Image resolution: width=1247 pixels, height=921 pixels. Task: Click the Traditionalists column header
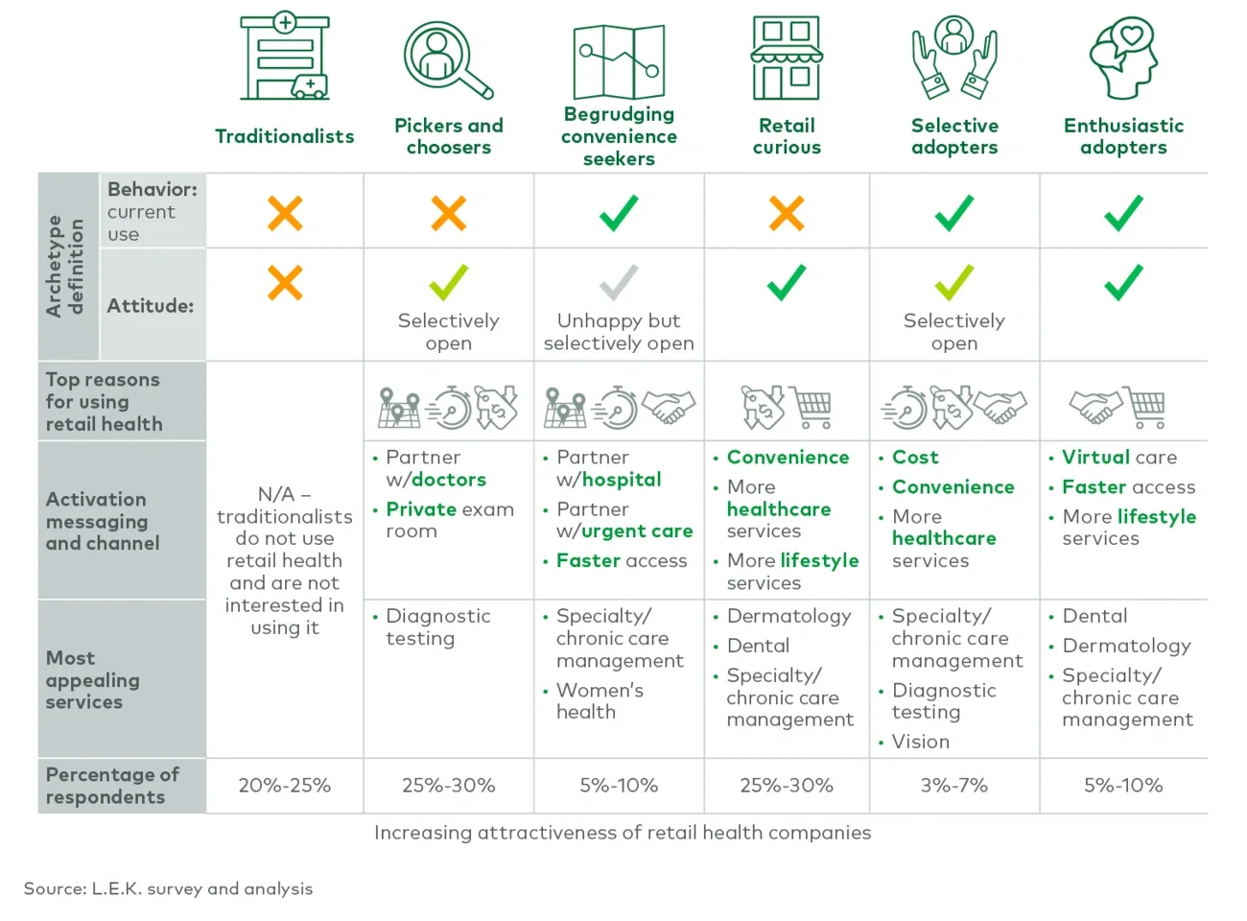284,136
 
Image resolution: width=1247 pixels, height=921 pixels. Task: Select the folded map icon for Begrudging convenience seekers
619,61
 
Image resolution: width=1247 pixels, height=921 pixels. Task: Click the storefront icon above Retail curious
787,58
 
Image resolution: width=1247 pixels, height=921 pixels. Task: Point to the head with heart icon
1123,58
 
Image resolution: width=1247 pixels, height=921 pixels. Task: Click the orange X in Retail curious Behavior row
787,213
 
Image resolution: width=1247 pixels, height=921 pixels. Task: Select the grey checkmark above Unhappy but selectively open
619,283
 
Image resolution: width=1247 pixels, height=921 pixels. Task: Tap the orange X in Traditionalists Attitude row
285,283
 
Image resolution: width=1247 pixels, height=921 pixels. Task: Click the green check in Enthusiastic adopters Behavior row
1123,213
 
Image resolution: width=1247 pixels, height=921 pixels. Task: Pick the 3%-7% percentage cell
953,786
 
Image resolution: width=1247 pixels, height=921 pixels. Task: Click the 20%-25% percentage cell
284,786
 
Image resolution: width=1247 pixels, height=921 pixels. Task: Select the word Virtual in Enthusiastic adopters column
1095,458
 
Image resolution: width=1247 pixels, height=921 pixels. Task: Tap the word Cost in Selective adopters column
915,458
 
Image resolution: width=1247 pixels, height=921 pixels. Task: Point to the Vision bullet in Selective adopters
920,742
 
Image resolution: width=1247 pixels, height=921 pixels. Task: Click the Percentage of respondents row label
111,786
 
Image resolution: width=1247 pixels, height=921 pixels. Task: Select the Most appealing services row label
92,679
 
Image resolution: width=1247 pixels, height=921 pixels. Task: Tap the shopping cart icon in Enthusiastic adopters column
1147,408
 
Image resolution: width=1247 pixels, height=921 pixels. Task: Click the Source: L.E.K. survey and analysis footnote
169,888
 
